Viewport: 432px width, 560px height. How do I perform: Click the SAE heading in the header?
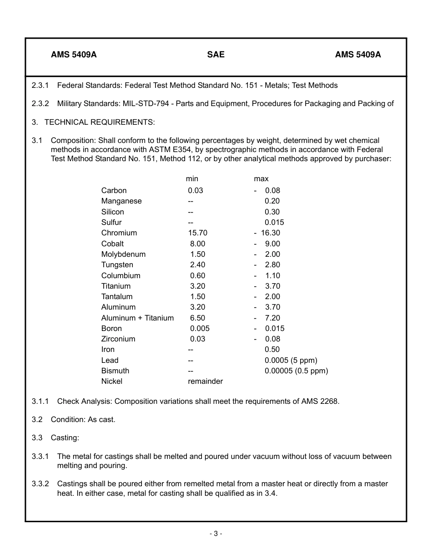[216, 55]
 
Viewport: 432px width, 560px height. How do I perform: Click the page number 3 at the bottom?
[216, 534]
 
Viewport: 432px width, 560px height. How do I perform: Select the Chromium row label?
[119, 233]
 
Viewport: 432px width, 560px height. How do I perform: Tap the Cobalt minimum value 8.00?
[197, 244]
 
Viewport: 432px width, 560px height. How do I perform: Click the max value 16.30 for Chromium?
[270, 233]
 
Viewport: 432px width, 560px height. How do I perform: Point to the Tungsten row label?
[117, 265]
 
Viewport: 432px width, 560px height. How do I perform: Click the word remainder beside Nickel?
[205, 381]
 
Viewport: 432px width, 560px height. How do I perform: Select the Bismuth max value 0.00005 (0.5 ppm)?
[296, 371]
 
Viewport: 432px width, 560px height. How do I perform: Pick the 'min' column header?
[192, 179]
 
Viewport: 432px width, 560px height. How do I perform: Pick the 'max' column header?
[261, 179]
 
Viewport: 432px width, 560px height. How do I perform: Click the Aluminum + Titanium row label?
[137, 318]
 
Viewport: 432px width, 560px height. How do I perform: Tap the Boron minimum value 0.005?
[200, 328]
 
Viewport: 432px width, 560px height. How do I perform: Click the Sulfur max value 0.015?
[274, 222]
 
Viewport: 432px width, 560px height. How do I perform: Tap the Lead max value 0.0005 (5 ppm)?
[291, 360]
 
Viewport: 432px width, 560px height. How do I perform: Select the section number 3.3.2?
[40, 484]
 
